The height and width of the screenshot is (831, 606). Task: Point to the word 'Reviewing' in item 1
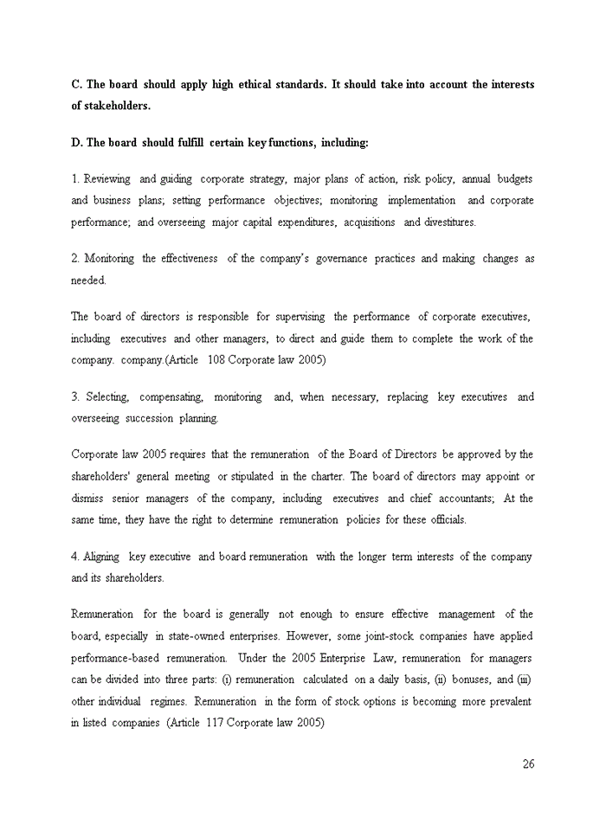point(107,179)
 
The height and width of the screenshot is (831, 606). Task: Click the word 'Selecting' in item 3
point(107,397)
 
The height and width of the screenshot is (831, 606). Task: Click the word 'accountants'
point(462,499)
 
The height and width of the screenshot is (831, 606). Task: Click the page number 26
point(528,763)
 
